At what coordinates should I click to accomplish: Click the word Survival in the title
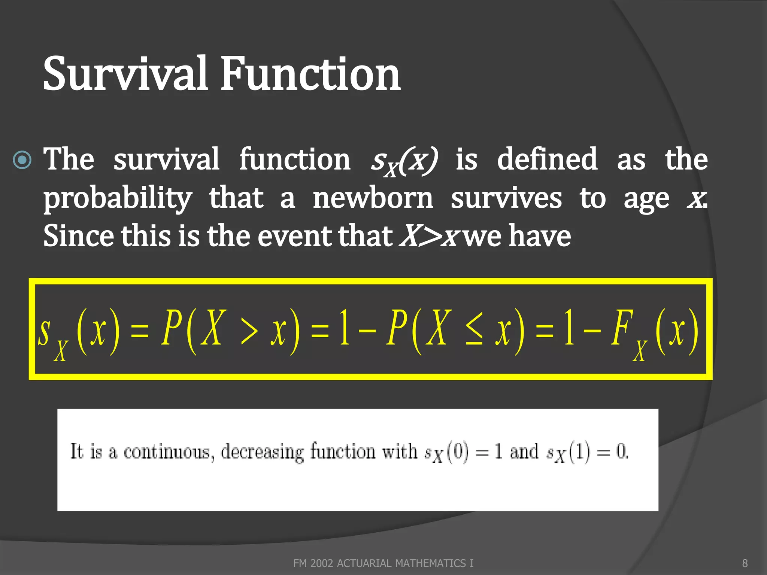125,73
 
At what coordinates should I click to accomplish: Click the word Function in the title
310,73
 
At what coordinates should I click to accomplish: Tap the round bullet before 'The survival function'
22,160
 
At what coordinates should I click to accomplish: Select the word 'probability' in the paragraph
118,198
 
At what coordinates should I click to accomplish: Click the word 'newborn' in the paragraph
373,198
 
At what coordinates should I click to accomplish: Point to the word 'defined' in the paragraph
547,159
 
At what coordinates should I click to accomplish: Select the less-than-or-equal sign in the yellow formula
474,332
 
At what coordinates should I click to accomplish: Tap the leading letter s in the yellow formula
44,332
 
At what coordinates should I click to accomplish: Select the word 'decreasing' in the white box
262,452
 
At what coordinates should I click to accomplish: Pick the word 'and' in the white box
524,451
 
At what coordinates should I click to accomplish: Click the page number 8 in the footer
745,563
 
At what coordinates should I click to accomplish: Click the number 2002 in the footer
322,563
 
